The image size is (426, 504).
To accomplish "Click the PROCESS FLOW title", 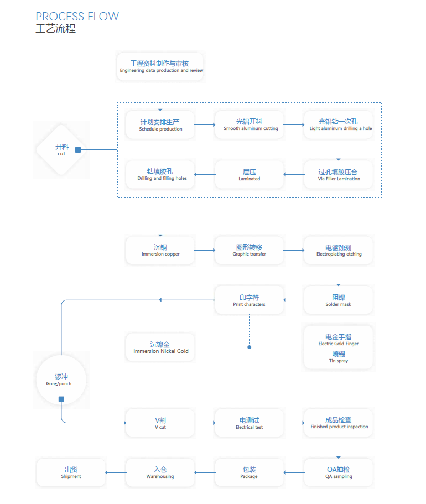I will [77, 16].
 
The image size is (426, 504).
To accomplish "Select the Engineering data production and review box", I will [160, 67].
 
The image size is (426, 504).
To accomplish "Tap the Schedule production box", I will [160, 125].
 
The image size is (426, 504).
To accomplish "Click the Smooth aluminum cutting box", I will [250, 125].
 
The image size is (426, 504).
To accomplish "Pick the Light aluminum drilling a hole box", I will [339, 125].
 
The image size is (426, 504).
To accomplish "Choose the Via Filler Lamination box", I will [339, 175].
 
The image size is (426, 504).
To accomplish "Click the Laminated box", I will [250, 175].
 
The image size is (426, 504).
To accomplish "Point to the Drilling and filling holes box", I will [160, 175].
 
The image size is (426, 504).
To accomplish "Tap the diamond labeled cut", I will [61, 149].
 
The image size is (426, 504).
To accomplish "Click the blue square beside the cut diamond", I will [78, 149].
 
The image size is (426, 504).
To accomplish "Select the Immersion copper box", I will [160, 251].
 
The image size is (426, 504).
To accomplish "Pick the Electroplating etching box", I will [339, 251].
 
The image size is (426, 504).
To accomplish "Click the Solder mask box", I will [339, 300].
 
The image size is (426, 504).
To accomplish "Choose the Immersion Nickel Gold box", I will [160, 347].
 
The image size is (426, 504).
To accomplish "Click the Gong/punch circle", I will [61, 380].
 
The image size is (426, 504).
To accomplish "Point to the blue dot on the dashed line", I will [250, 347].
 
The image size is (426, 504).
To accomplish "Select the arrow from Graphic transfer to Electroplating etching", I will [294, 251].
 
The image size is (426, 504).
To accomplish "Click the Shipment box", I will [71, 473].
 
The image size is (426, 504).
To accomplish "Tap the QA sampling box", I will [339, 473].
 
